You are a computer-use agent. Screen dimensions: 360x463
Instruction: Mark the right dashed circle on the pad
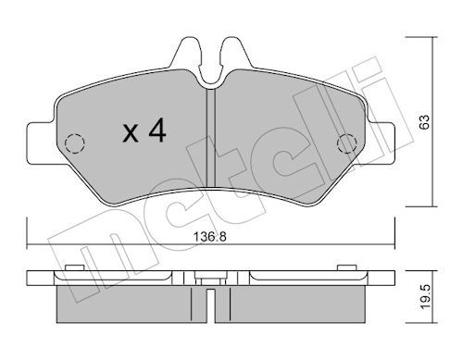click(348, 143)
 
